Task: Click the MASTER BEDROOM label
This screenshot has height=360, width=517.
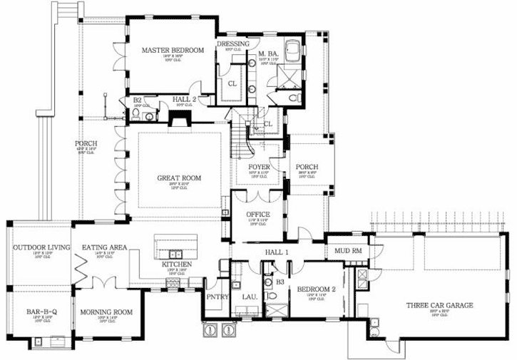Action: tap(172, 50)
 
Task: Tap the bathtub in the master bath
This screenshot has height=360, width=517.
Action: tap(293, 52)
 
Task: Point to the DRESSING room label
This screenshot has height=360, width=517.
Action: tap(233, 43)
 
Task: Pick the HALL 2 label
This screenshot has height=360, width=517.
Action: tap(184, 99)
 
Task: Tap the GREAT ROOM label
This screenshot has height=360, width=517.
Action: tap(179, 178)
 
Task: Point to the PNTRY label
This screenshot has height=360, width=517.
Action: tap(215, 297)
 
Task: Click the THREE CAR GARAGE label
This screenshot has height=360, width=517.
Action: tap(439, 305)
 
